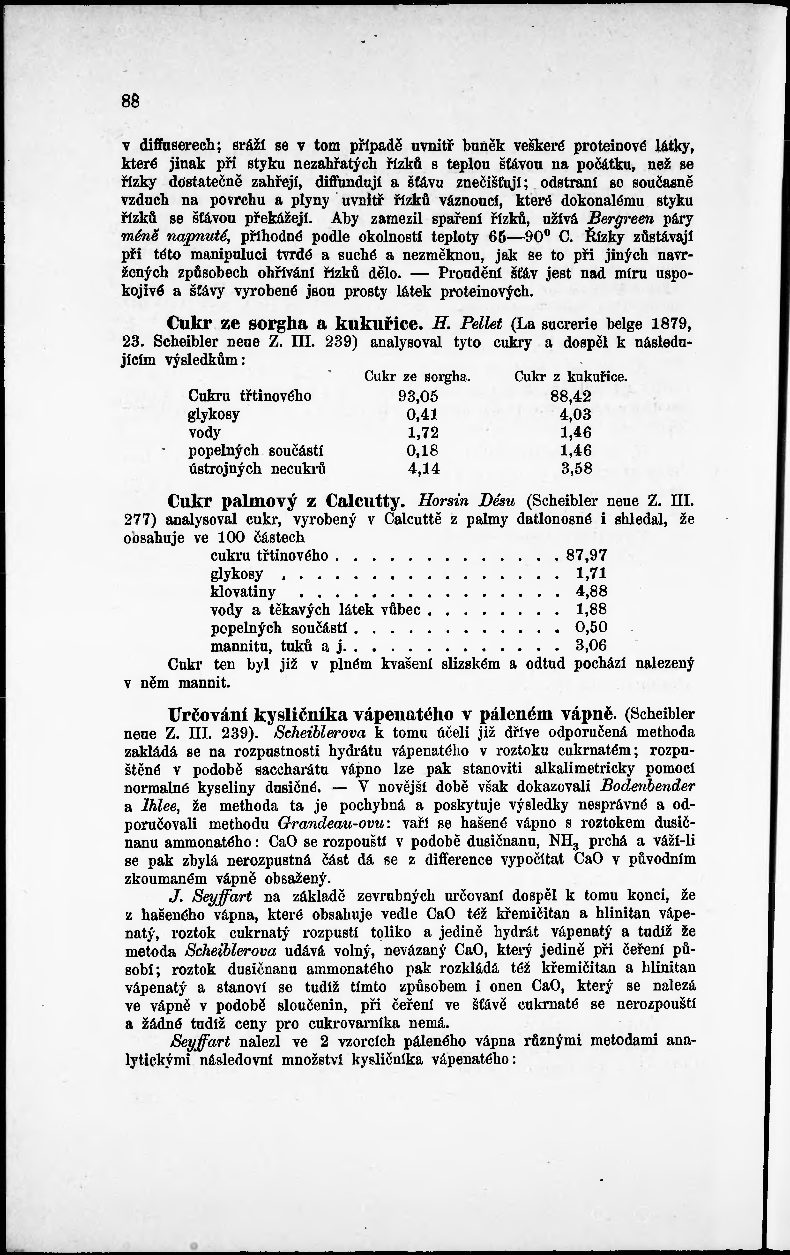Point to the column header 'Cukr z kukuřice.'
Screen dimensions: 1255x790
click(570, 376)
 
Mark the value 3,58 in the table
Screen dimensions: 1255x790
click(577, 469)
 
